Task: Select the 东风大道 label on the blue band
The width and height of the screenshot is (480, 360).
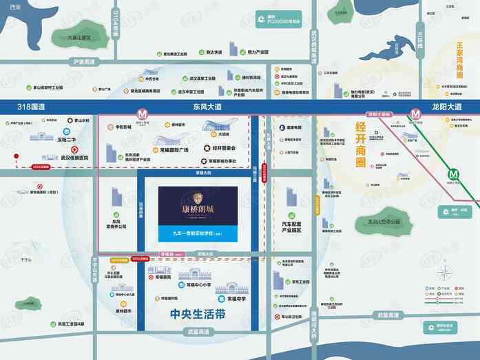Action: [207, 107]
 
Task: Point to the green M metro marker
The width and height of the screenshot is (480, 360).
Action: [455, 174]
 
